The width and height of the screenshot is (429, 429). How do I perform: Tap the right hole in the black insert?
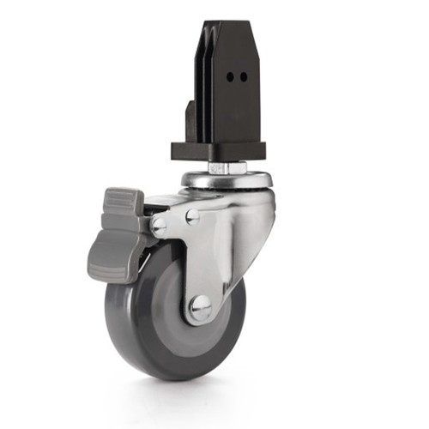point(244,76)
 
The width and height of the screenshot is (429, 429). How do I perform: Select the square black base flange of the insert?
point(220,151)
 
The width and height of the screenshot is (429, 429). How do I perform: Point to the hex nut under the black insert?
point(220,167)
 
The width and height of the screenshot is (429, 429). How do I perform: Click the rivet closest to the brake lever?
point(160,227)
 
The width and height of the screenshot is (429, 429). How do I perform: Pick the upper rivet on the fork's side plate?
point(193,216)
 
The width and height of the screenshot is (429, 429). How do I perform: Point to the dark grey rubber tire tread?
point(137,343)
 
